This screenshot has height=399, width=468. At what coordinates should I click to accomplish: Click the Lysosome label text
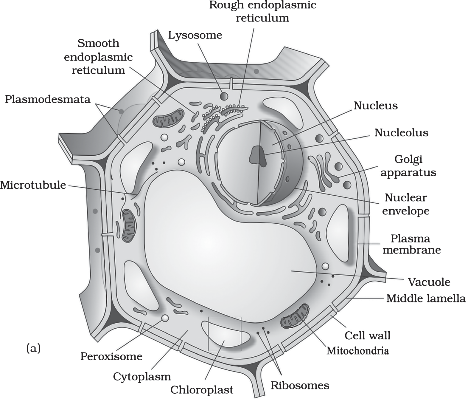(195, 36)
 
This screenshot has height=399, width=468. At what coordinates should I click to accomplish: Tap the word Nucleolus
(401, 133)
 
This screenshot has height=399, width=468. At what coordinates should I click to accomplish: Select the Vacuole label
(429, 282)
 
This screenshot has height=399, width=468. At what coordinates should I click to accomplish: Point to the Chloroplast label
(202, 390)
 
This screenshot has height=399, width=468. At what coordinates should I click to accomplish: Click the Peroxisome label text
(111, 357)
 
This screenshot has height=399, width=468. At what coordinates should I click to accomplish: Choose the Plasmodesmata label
(48, 99)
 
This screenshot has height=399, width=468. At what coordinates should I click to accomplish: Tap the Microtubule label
(33, 185)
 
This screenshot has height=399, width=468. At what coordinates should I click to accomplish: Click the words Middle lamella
(426, 299)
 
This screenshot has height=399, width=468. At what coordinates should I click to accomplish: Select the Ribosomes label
(300, 386)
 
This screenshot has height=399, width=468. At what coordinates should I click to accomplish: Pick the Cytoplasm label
(142, 377)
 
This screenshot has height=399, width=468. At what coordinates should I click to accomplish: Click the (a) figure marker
(33, 348)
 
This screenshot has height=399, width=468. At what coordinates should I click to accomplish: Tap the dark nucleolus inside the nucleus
(258, 156)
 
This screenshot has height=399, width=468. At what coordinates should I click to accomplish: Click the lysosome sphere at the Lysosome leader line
(224, 97)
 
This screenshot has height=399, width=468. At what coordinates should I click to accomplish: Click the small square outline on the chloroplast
(225, 334)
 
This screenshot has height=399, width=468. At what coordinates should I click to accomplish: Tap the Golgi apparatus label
(408, 166)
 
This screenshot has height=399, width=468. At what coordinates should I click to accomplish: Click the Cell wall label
(368, 336)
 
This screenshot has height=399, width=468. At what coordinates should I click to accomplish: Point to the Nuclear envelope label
(406, 205)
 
